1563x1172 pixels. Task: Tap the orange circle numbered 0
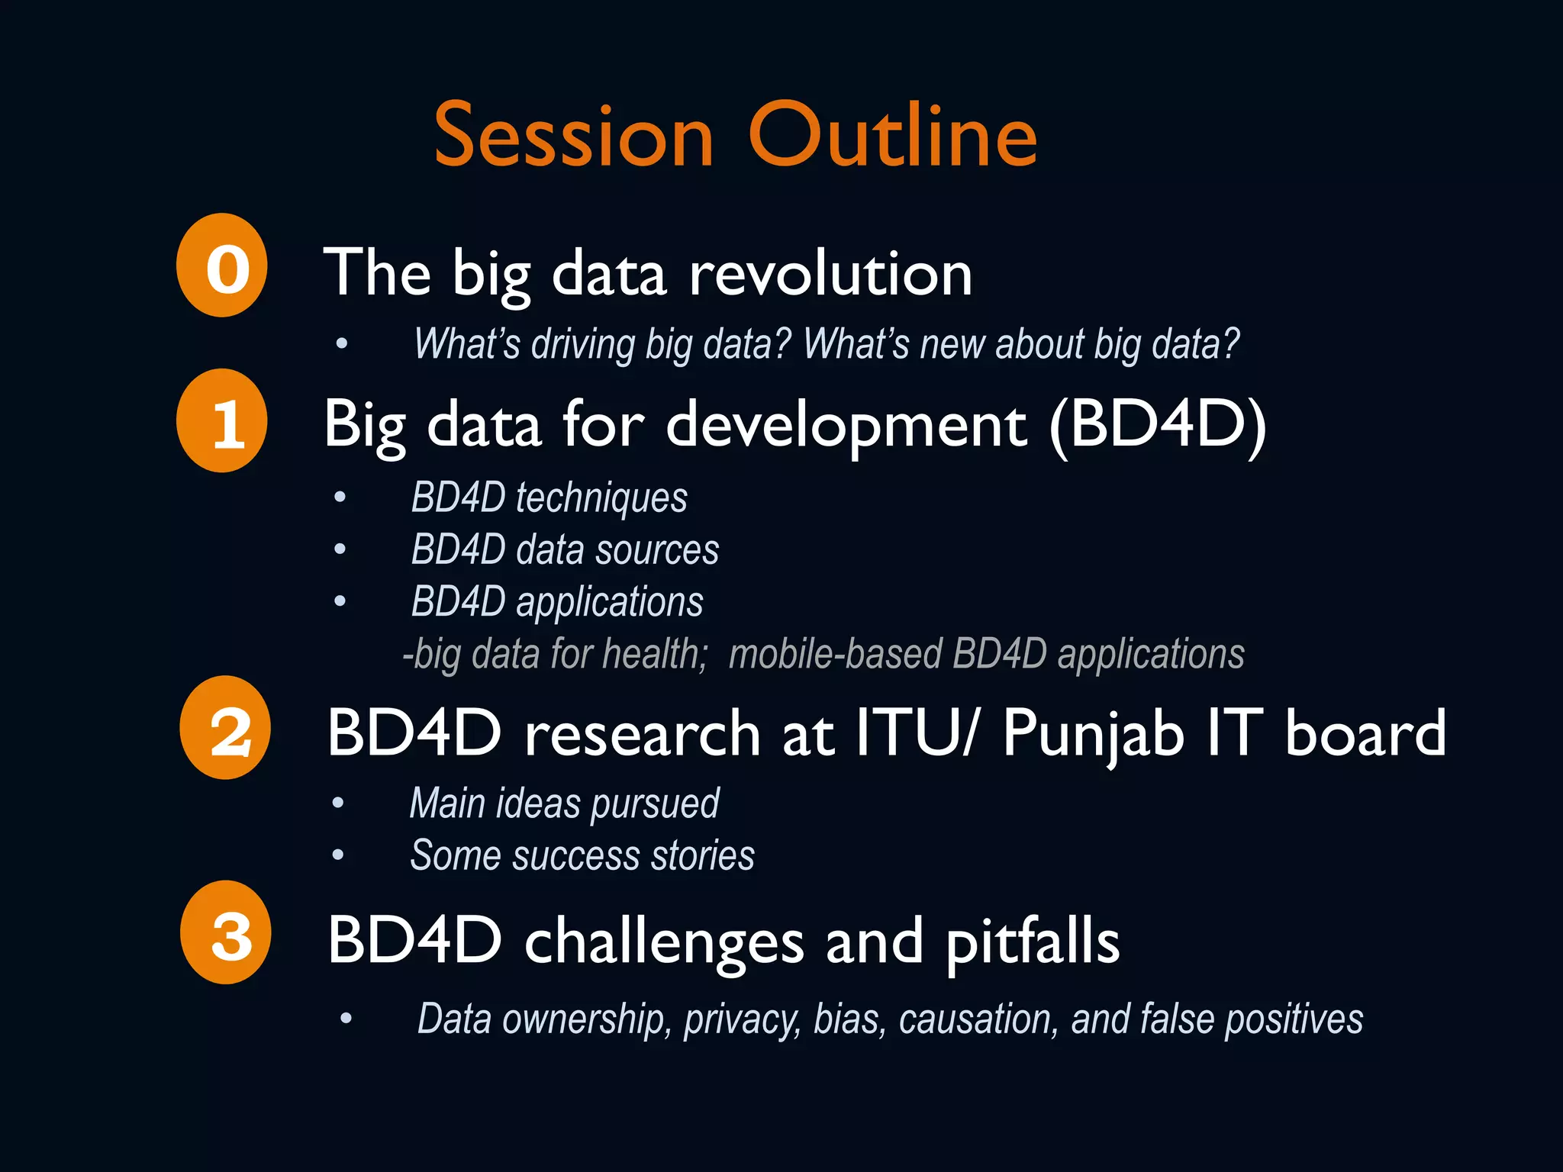coord(222,266)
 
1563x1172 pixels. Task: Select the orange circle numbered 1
coord(222,421)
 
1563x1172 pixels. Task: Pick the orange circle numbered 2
coord(226,728)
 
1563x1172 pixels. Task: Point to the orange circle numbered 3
coord(227,932)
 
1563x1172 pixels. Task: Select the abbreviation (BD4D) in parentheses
coord(1158,424)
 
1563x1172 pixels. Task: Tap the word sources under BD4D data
coord(657,550)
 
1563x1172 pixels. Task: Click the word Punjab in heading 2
coord(1093,734)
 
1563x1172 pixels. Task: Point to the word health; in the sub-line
coord(655,655)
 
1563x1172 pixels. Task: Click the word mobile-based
coord(836,655)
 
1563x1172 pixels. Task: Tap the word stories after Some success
coord(702,855)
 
